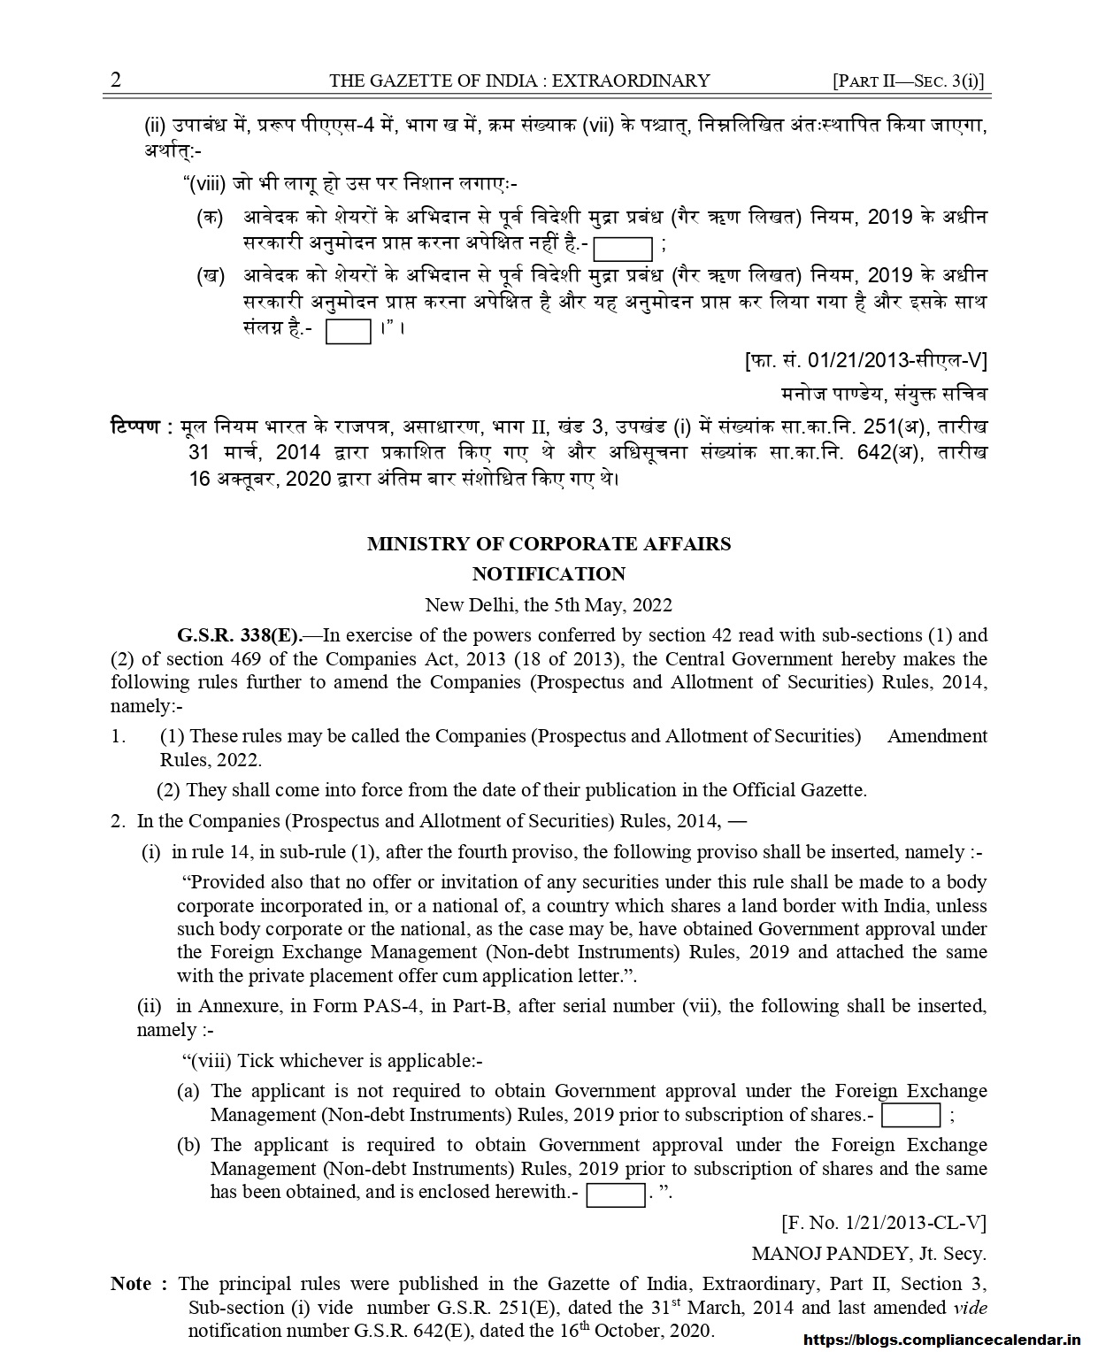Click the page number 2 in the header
(x=116, y=81)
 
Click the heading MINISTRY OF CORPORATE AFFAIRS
(x=549, y=544)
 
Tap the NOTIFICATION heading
(x=549, y=574)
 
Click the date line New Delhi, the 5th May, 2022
(x=549, y=605)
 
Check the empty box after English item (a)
(x=910, y=1115)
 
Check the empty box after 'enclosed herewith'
(x=616, y=1194)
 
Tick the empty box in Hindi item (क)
(x=623, y=247)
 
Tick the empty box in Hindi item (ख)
(x=349, y=331)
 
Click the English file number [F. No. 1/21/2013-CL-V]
(x=884, y=1223)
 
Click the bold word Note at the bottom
(x=131, y=1284)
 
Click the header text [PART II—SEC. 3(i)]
(x=909, y=81)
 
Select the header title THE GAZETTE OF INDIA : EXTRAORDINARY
(x=519, y=81)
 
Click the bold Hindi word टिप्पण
(x=135, y=426)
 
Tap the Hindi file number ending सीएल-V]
(x=865, y=360)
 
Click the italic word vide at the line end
(x=970, y=1307)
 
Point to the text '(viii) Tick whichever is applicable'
(x=332, y=1060)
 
